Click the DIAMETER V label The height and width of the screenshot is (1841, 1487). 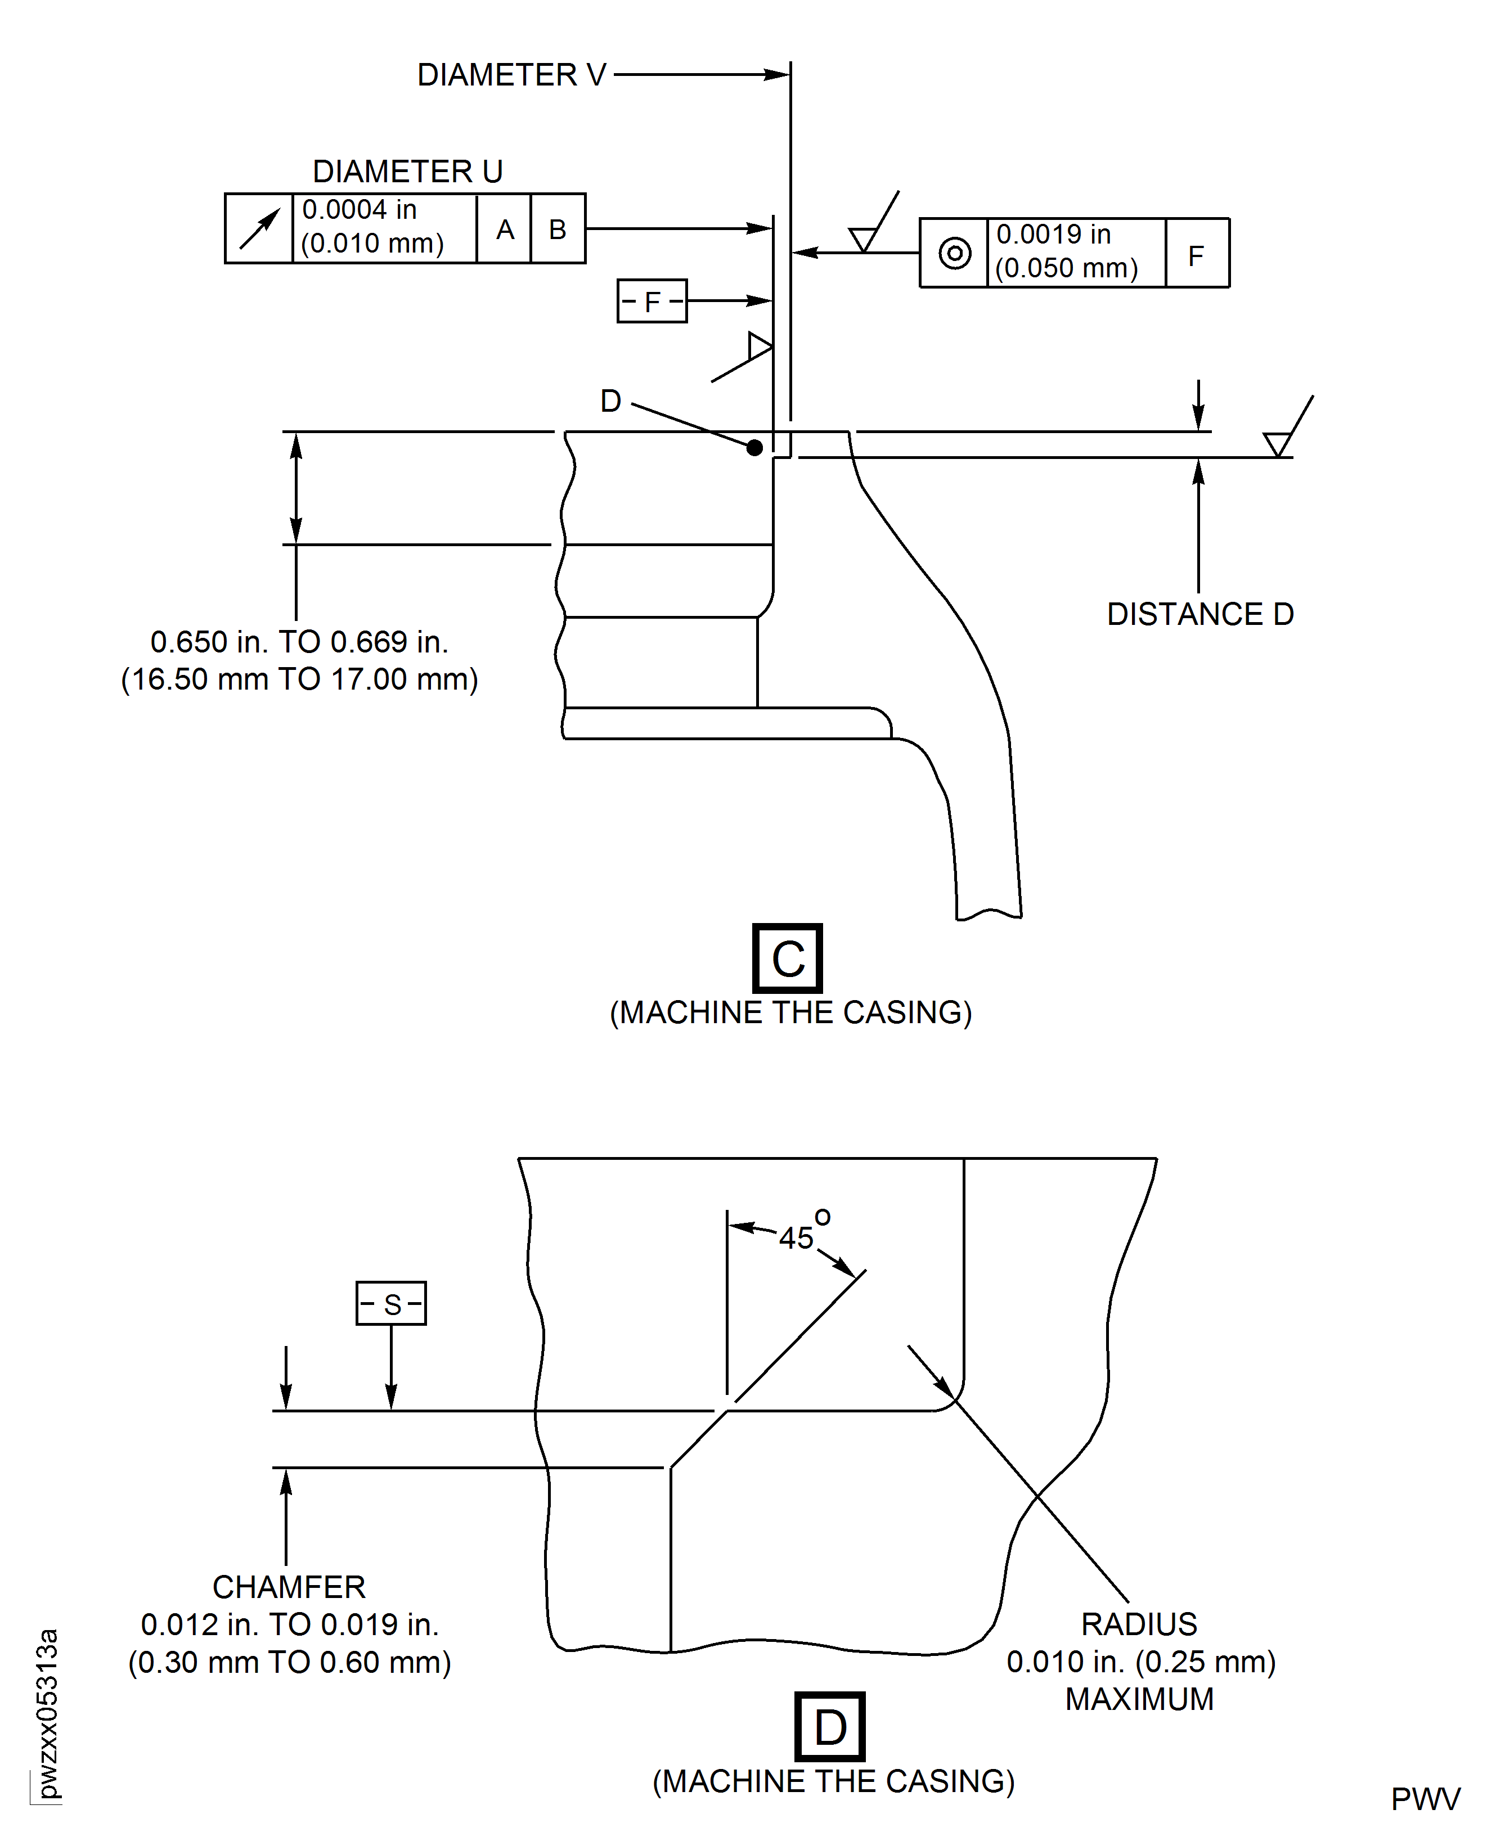(511, 75)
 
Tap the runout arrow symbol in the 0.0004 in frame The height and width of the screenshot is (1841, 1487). (259, 228)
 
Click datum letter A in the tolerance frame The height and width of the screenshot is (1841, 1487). (505, 229)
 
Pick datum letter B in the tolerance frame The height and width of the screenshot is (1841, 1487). (558, 229)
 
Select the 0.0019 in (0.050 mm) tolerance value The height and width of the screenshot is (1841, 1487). (1066, 252)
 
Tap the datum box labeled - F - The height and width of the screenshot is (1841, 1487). (652, 301)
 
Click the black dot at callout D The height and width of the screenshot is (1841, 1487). (754, 447)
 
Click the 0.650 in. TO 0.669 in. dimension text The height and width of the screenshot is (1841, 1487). (299, 641)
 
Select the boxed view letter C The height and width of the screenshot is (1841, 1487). (787, 958)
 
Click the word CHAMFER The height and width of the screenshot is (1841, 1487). (289, 1587)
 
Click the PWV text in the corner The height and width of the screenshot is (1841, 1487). (1425, 1799)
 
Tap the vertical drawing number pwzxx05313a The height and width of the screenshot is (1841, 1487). (48, 1713)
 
